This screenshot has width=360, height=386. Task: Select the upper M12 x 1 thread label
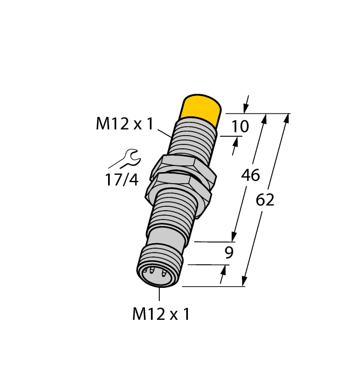pos(124,125)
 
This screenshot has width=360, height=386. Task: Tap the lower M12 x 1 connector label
pos(161,314)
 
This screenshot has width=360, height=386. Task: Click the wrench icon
pos(127,159)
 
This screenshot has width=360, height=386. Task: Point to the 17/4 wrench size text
pos(121,179)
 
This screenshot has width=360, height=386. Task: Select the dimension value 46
pos(251,176)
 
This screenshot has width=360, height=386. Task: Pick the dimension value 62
pos(265,200)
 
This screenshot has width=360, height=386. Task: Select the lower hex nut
pos(179,187)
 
